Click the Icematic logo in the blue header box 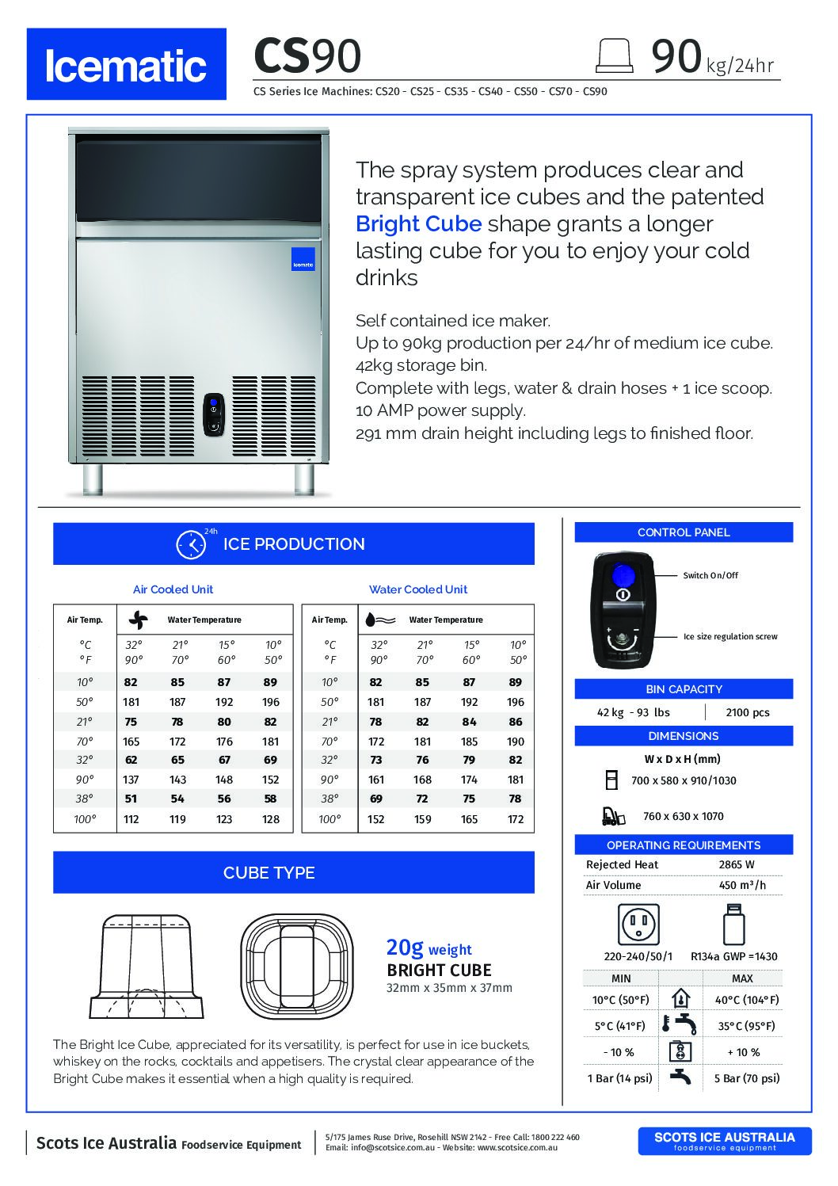pyautogui.click(x=126, y=65)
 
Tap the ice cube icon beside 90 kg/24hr pyautogui.click(x=615, y=55)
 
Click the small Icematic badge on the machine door pyautogui.click(x=303, y=259)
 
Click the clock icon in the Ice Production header pyautogui.click(x=190, y=544)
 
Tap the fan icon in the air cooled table pyautogui.click(x=138, y=620)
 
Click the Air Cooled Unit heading pyautogui.click(x=173, y=589)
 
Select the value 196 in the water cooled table pyautogui.click(x=516, y=702)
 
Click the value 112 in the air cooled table pyautogui.click(x=131, y=819)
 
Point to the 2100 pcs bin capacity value pyautogui.click(x=748, y=712)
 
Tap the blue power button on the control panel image pyautogui.click(x=623, y=574)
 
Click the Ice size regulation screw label pyautogui.click(x=730, y=636)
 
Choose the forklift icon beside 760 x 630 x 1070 pyautogui.click(x=612, y=815)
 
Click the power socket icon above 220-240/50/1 pyautogui.click(x=638, y=924)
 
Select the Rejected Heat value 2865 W pyautogui.click(x=737, y=864)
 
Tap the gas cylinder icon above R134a pyautogui.click(x=733, y=924)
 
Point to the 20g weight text pyautogui.click(x=429, y=948)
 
